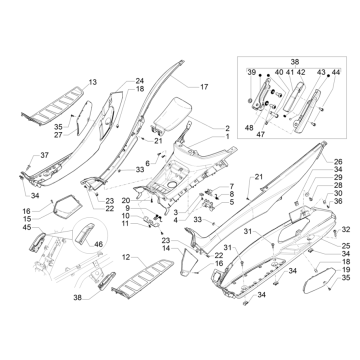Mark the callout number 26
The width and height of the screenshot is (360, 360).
338,161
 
